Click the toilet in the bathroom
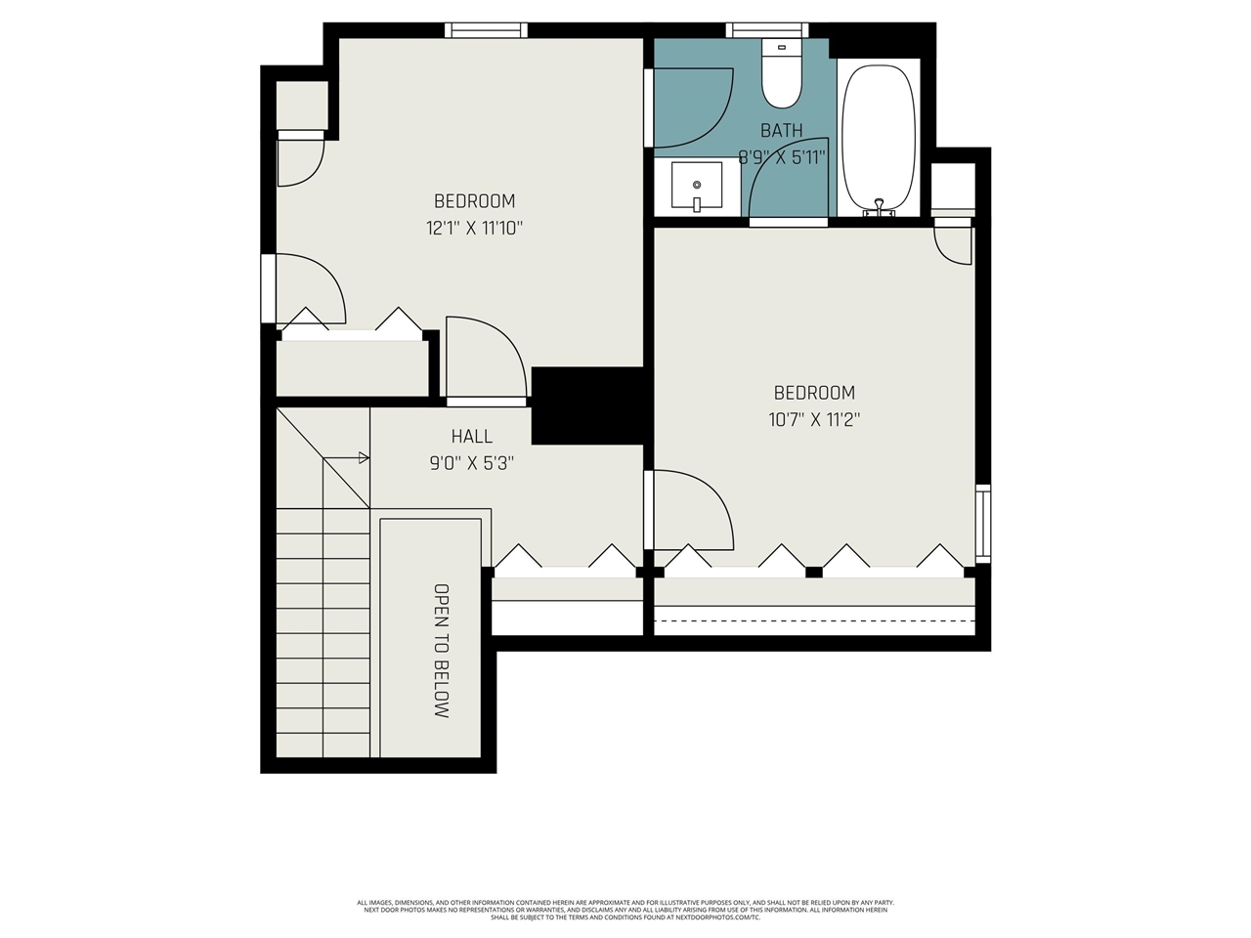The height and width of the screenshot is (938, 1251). [781, 76]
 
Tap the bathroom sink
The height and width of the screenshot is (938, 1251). [696, 187]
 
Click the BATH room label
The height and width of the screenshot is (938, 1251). [781, 130]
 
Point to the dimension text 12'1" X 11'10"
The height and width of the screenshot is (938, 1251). [474, 229]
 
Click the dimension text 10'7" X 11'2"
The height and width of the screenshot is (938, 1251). [813, 420]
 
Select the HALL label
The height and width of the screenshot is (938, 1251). [471, 437]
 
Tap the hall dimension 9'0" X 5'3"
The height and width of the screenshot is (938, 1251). [471, 463]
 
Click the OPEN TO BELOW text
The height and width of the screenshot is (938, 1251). [442, 651]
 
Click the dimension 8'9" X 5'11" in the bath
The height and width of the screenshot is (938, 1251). [782, 157]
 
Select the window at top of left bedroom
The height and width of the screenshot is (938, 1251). [486, 30]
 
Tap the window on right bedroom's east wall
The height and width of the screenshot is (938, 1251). [983, 524]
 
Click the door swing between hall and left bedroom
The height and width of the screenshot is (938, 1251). [486, 358]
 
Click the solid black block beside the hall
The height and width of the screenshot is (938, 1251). [587, 405]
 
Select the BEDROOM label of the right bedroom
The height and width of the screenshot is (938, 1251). [813, 393]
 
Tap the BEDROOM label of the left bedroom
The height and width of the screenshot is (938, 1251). [474, 201]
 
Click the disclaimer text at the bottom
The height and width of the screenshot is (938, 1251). [625, 910]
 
